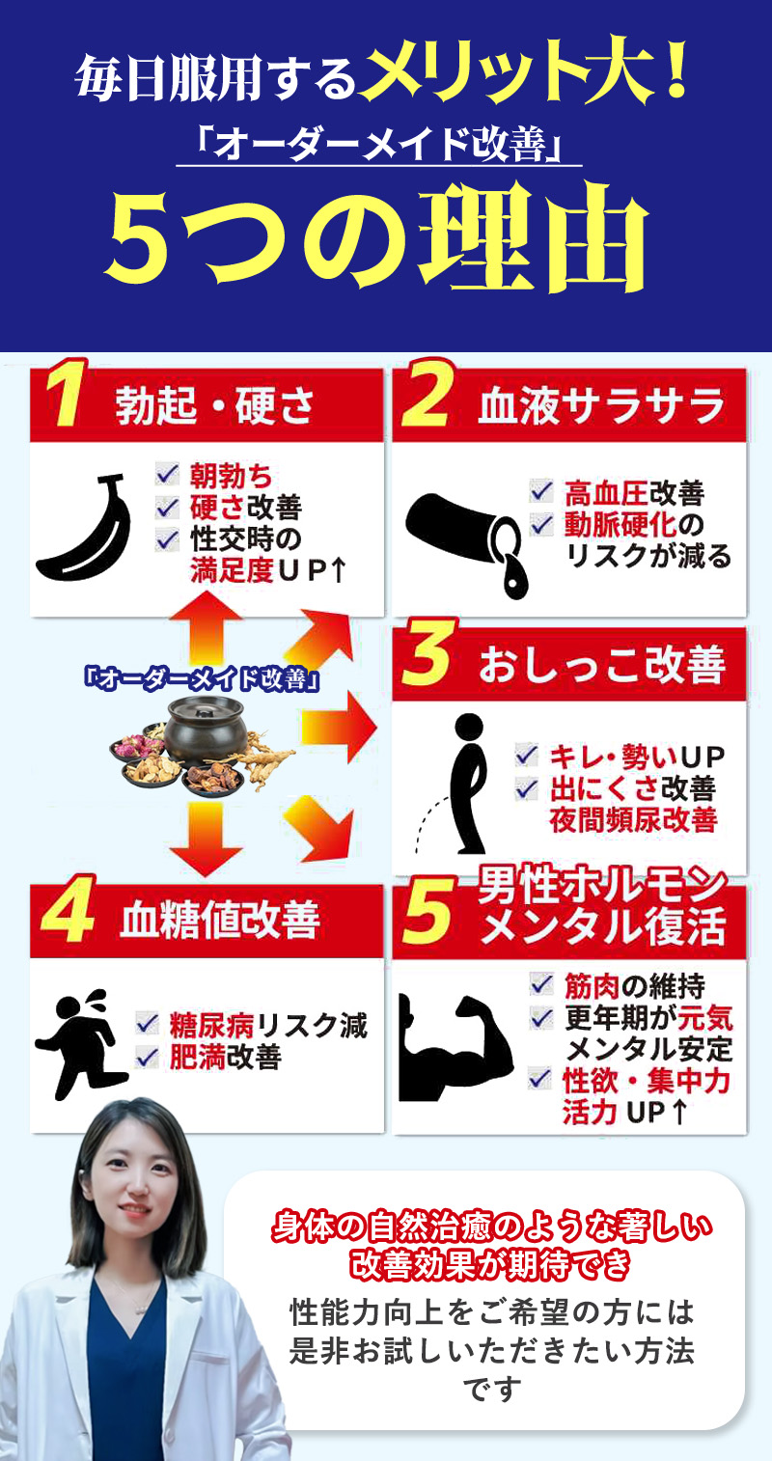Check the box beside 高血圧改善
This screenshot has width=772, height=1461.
click(540, 491)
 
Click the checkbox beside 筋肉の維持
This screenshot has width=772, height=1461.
click(541, 985)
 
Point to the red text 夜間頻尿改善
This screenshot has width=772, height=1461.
click(633, 819)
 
